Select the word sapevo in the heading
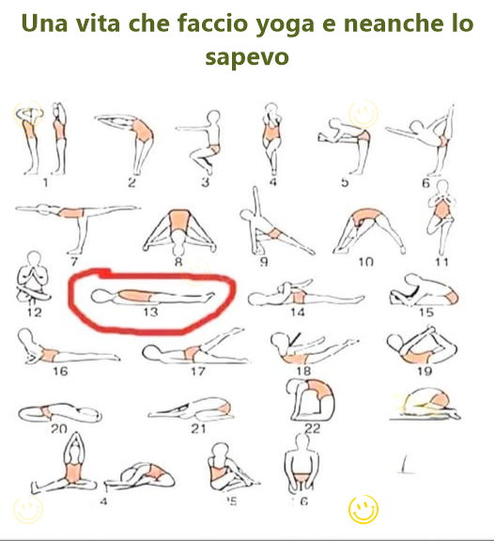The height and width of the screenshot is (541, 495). [246, 57]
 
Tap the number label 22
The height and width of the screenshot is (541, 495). [312, 428]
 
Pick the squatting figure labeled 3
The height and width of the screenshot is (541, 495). [209, 138]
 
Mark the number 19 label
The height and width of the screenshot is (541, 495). [425, 370]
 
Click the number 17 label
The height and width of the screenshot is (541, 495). [196, 371]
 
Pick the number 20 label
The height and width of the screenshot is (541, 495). [58, 428]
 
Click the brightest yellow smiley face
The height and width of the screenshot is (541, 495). [363, 510]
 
